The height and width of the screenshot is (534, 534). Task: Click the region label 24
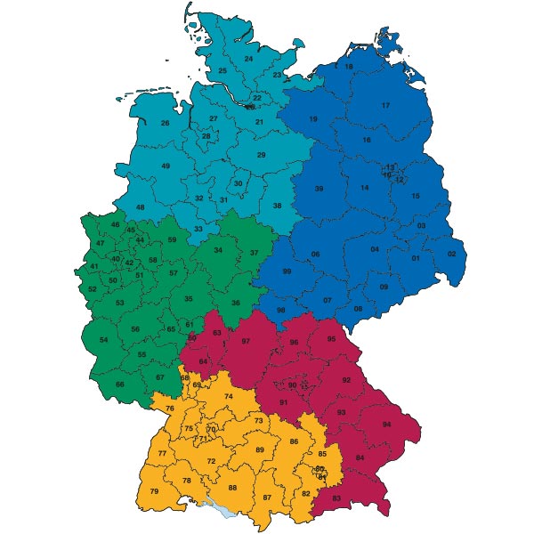pyautogui.click(x=248, y=59)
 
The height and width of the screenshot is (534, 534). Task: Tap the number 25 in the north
pyautogui.click(x=222, y=70)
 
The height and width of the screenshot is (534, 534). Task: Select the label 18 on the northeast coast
pyautogui.click(x=349, y=67)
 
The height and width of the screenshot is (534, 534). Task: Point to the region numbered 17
pyautogui.click(x=385, y=106)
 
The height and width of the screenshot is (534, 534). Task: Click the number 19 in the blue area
pyautogui.click(x=313, y=119)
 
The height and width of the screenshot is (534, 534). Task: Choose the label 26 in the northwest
pyautogui.click(x=165, y=123)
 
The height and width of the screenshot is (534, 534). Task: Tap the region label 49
pyautogui.click(x=166, y=166)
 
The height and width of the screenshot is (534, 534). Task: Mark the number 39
pyautogui.click(x=319, y=189)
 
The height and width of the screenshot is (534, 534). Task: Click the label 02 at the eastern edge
pyautogui.click(x=451, y=255)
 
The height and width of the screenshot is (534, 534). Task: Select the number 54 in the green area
pyautogui.click(x=103, y=340)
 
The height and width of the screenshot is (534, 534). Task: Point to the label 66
pyautogui.click(x=120, y=384)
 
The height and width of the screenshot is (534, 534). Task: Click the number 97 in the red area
pyautogui.click(x=247, y=342)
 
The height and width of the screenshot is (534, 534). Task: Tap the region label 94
pyautogui.click(x=386, y=425)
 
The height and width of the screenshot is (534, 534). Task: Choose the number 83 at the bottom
pyautogui.click(x=336, y=498)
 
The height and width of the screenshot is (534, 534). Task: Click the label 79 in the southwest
pyautogui.click(x=154, y=492)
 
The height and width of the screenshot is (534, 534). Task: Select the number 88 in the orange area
pyautogui.click(x=233, y=488)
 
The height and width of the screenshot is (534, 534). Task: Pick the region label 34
pyautogui.click(x=218, y=251)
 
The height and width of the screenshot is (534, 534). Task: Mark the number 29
pyautogui.click(x=261, y=156)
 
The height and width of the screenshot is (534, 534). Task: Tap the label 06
pyautogui.click(x=315, y=255)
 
